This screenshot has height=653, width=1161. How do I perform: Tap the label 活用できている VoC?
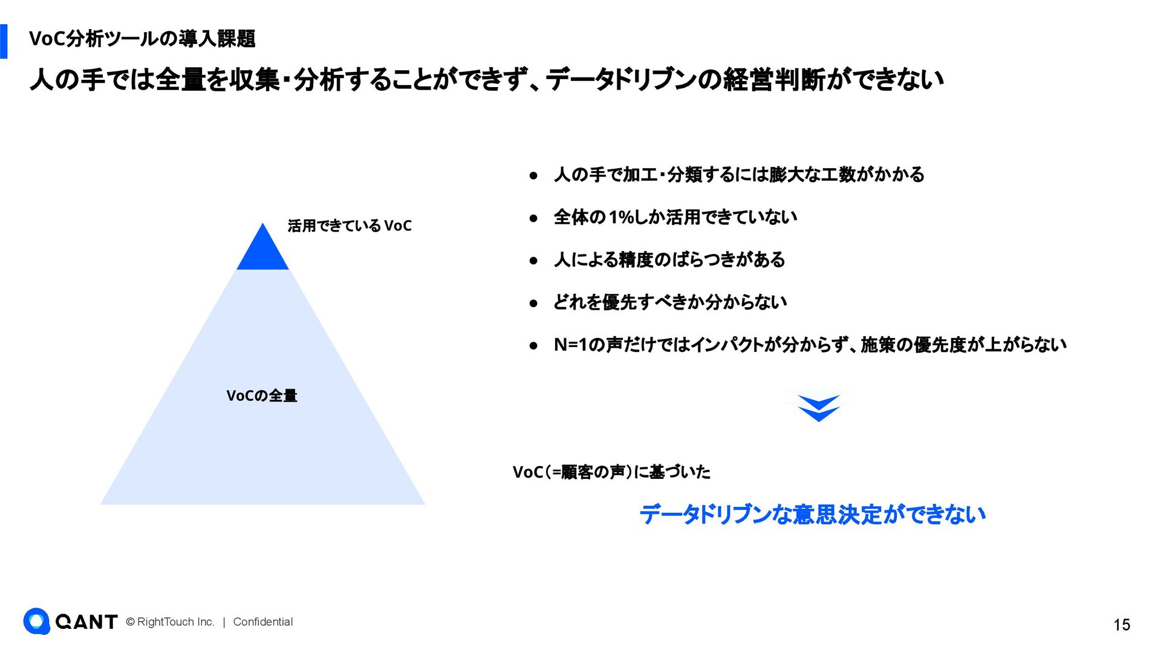pyautogui.click(x=350, y=226)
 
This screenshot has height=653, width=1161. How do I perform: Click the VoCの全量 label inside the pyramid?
pyautogui.click(x=262, y=396)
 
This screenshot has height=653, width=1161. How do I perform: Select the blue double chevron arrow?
pyautogui.click(x=819, y=408)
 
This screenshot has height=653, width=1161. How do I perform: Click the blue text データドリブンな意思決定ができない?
pyautogui.click(x=812, y=515)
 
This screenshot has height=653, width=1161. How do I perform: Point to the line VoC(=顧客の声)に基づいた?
pyautogui.click(x=611, y=472)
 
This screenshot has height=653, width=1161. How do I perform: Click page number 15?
pyautogui.click(x=1122, y=625)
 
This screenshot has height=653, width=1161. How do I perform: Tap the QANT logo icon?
pyautogui.click(x=37, y=621)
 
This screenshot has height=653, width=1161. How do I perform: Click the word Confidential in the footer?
pyautogui.click(x=263, y=622)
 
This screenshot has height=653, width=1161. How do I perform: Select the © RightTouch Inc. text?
pyautogui.click(x=170, y=622)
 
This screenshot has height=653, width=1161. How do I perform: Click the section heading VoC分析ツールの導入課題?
pyautogui.click(x=142, y=39)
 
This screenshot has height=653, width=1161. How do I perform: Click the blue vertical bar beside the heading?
pyautogui.click(x=4, y=41)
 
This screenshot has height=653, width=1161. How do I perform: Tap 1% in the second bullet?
pyautogui.click(x=621, y=217)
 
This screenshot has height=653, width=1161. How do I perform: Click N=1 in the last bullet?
pyautogui.click(x=571, y=345)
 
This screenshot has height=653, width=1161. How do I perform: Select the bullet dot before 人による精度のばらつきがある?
pyautogui.click(x=533, y=261)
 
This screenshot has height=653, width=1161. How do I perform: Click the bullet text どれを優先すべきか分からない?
pyautogui.click(x=670, y=302)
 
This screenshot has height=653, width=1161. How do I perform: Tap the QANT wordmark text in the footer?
pyautogui.click(x=86, y=622)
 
